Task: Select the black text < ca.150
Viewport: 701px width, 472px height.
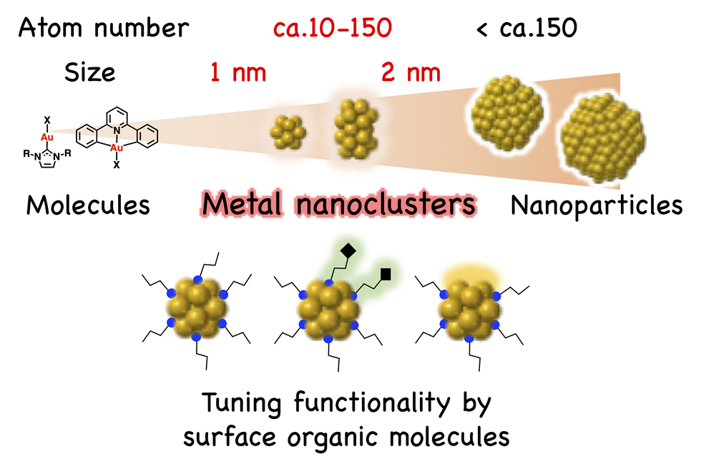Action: click(526, 28)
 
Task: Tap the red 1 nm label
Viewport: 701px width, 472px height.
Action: click(237, 72)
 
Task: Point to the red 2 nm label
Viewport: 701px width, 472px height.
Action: click(409, 72)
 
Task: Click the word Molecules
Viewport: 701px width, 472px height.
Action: click(88, 206)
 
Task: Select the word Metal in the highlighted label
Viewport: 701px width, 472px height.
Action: click(243, 206)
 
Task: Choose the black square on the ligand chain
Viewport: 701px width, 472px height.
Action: click(386, 273)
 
